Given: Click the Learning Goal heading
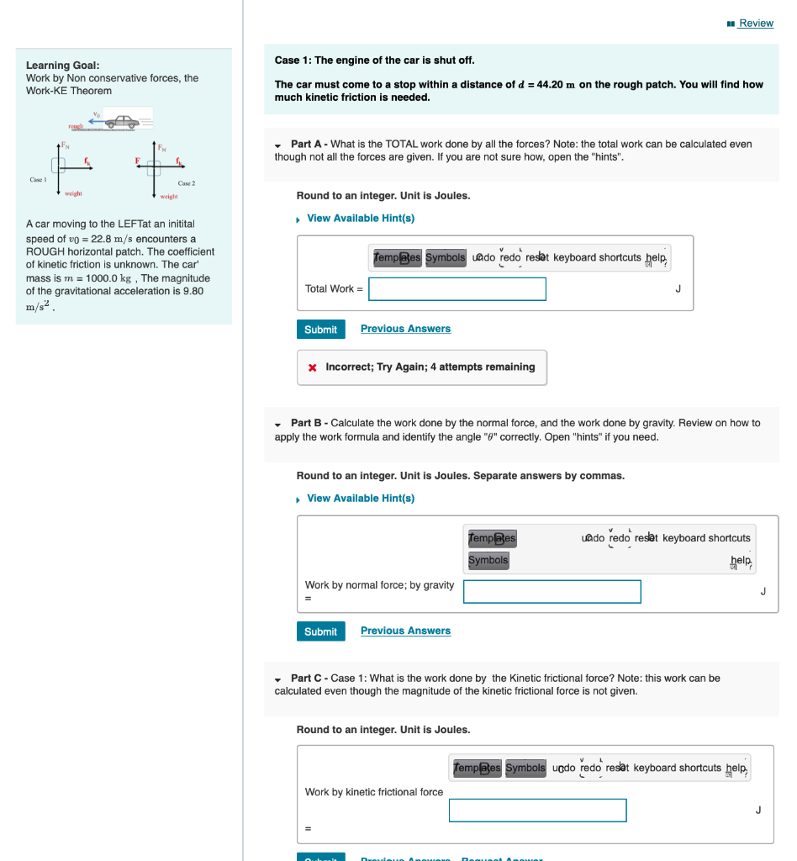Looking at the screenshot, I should pos(63,65).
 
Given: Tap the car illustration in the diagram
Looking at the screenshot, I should pos(123,122).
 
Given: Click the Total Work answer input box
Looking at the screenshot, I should pos(457,289).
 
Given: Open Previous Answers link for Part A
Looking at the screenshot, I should pos(405,329).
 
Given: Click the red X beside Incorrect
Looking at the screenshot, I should pos(313,367).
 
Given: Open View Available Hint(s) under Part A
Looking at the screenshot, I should pos(360,219).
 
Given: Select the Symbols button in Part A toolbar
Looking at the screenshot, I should pos(445,257).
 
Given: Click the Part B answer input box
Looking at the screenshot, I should pos(552,592).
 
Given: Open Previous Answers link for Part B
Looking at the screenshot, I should pos(405,631).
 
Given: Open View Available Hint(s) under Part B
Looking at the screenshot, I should pos(360,499).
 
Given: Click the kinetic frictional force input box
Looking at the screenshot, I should pos(537,811).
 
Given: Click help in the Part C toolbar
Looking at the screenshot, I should pos(736,769).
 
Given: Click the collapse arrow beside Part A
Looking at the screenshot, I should pos(278,145).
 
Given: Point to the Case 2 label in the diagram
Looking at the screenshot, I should pos(187,182).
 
